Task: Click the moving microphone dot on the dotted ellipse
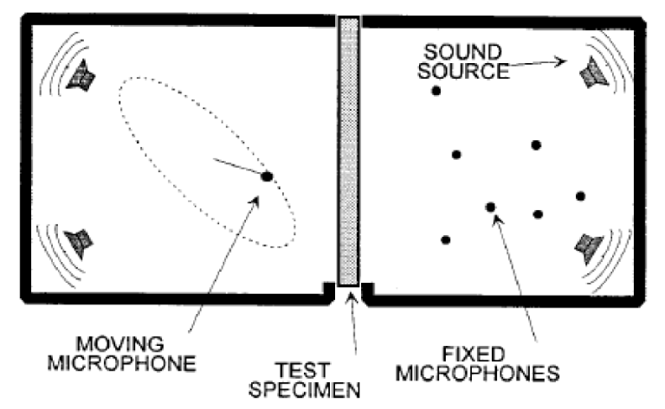tap(267, 176)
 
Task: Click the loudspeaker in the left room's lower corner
tap(81, 241)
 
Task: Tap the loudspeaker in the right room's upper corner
tap(592, 72)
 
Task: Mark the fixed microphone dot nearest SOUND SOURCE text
tap(436, 91)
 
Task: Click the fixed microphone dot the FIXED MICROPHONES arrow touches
tap(490, 207)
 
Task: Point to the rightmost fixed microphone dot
tap(580, 196)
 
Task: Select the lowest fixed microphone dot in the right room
tap(445, 240)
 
